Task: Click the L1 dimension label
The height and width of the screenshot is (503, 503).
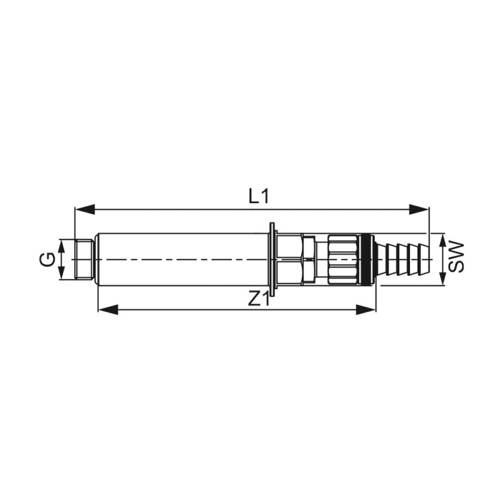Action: (x=258, y=196)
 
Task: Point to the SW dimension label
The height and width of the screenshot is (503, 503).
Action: (x=456, y=258)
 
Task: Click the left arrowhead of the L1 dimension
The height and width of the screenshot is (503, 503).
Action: (x=85, y=210)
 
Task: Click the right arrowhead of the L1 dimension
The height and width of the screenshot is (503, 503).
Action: (x=419, y=210)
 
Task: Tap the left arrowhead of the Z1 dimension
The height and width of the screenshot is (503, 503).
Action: (x=108, y=310)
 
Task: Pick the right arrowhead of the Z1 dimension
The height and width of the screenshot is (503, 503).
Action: (x=366, y=310)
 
